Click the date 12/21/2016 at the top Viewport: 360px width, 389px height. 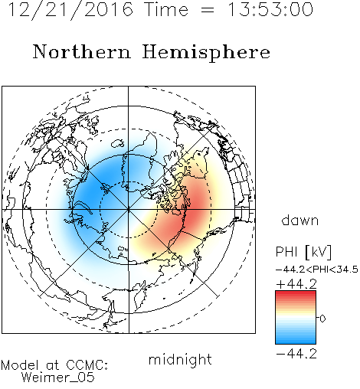click(x=70, y=10)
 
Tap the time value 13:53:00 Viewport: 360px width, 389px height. click(x=270, y=9)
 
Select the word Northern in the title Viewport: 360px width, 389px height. click(x=82, y=52)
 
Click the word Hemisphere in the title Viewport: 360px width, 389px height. click(x=206, y=53)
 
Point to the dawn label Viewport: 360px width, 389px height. click(x=300, y=221)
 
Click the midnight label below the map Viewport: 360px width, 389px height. click(x=180, y=360)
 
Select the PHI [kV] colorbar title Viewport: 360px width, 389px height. click(x=303, y=252)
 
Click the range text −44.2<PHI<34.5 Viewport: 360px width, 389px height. click(x=317, y=270)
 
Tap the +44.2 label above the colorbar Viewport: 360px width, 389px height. click(x=296, y=284)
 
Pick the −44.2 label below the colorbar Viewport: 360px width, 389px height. click(x=296, y=354)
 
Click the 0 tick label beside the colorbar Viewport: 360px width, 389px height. click(x=322, y=319)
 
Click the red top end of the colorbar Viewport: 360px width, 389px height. click(x=296, y=293)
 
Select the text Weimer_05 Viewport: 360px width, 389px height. click(x=58, y=378)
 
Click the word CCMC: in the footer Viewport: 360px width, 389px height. click(x=87, y=365)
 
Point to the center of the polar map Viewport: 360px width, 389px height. click(x=129, y=210)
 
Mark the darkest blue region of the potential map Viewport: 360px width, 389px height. click(x=90, y=191)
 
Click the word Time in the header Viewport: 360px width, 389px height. click(x=166, y=10)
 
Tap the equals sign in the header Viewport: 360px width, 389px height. click(x=208, y=11)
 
